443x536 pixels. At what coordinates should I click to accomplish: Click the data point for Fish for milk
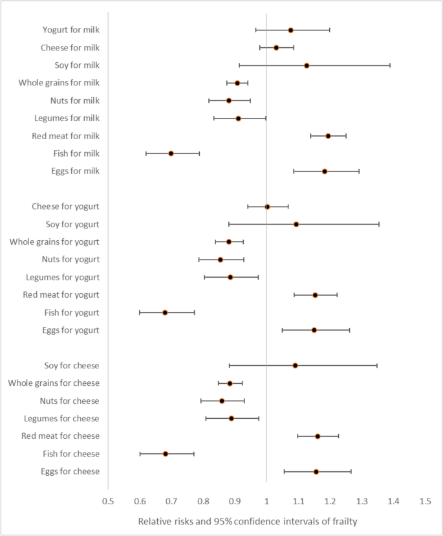pos(171,153)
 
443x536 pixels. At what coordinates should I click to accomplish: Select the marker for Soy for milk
pos(307,65)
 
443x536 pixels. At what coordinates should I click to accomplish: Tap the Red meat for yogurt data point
pos(315,295)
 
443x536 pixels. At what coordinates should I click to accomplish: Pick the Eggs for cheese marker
pos(316,471)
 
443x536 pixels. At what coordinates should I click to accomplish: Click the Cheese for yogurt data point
pos(267,207)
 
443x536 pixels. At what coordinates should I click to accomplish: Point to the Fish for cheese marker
pos(166,454)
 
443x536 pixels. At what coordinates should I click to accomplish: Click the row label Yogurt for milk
pos(70,30)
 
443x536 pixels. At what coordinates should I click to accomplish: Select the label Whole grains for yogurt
pos(54,241)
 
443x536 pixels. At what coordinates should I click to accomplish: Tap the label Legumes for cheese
pos(61,418)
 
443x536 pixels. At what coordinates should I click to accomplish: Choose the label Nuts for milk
pos(74,100)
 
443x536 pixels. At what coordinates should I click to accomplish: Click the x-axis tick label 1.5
pos(425,501)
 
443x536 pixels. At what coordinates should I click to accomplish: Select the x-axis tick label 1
pos(266,501)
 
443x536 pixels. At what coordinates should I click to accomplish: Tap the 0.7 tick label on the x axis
pos(171,501)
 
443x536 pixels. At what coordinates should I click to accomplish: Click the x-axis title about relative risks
pos(246,521)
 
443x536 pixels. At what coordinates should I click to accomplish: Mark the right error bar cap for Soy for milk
pos(390,65)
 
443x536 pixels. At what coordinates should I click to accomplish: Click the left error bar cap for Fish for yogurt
pos(140,312)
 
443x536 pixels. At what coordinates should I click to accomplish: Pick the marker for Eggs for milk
pos(325,171)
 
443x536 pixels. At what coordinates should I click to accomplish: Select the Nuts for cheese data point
pos(222,401)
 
